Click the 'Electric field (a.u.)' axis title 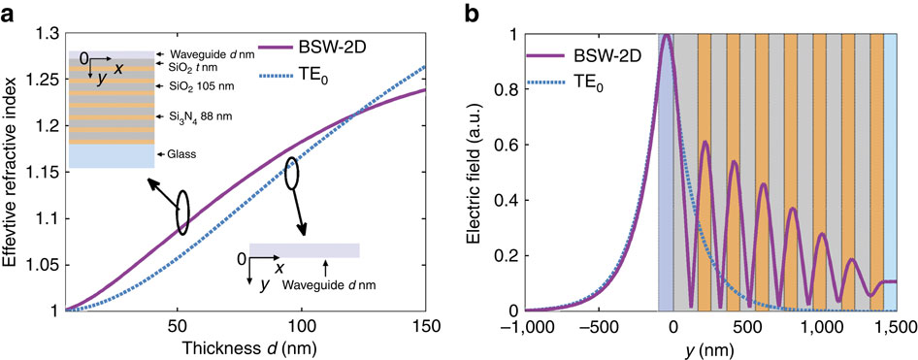point(500,173)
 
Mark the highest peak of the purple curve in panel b point(667,36)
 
